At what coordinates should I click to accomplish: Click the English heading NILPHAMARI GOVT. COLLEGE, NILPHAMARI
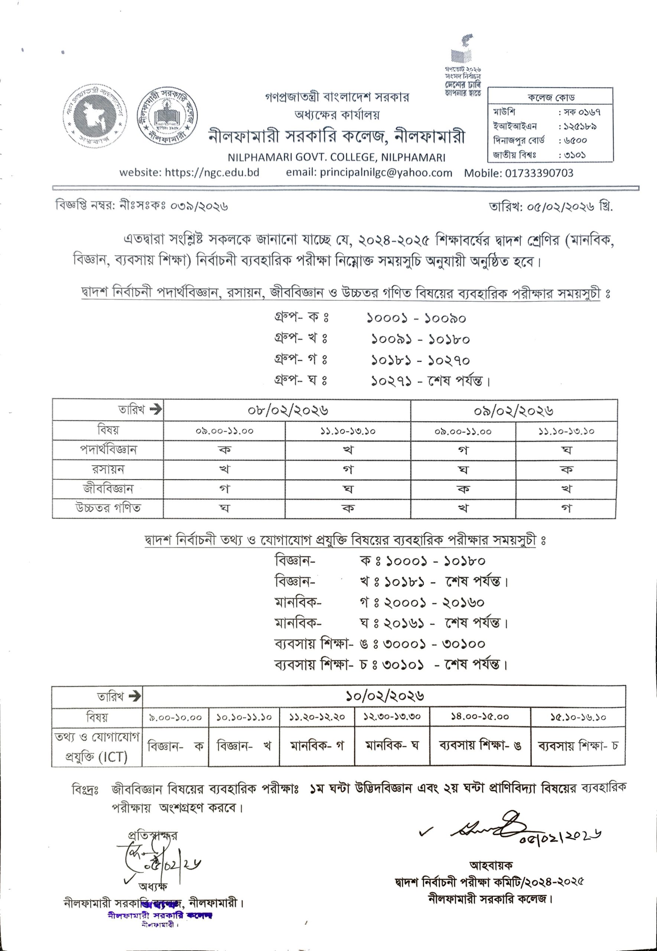[337, 157]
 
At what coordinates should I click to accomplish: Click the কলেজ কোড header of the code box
[550, 98]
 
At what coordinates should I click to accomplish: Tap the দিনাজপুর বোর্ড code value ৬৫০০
[573, 141]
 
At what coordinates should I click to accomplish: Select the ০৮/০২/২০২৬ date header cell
[287, 410]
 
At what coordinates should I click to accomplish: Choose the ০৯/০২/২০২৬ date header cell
[513, 410]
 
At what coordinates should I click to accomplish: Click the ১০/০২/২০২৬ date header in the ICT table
[384, 696]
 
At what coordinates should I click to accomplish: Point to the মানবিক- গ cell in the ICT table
[316, 746]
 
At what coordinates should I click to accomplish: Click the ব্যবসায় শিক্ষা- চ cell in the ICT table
[578, 746]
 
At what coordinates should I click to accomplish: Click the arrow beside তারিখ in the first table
[156, 410]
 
